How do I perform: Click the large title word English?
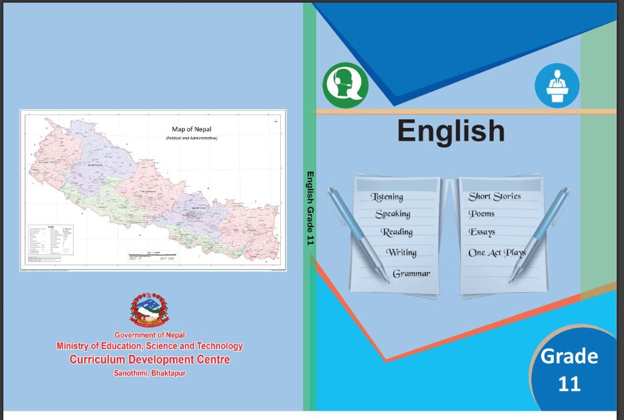click(451, 130)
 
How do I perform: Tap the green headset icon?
click(345, 86)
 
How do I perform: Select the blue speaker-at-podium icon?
click(556, 86)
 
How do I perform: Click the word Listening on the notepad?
click(387, 196)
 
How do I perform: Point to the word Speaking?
click(393, 214)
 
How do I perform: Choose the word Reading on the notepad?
click(397, 232)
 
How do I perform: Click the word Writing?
click(401, 253)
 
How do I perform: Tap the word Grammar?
click(411, 273)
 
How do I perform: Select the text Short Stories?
click(494, 196)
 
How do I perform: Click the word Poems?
click(482, 214)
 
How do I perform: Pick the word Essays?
click(482, 232)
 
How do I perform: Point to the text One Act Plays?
click(497, 253)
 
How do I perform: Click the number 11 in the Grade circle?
click(569, 384)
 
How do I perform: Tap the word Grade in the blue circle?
click(569, 356)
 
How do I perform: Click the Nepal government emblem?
click(149, 310)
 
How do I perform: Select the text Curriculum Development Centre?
click(150, 360)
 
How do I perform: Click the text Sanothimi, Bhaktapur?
click(150, 372)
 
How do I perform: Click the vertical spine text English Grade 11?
click(310, 208)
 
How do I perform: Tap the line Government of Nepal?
click(150, 335)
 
